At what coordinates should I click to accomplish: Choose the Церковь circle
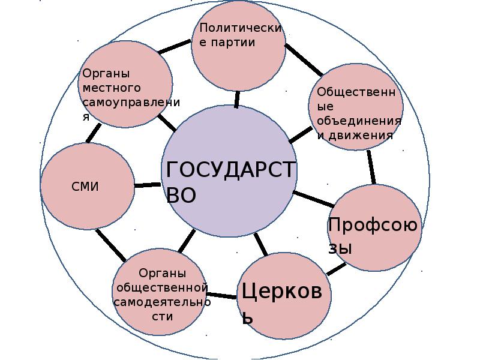pos(284,299)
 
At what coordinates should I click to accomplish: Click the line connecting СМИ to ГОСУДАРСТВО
pos(146,185)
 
